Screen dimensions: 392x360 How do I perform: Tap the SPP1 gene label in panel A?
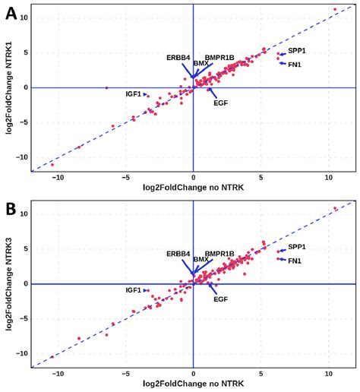click(x=297, y=51)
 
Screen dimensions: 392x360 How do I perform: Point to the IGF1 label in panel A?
click(x=134, y=94)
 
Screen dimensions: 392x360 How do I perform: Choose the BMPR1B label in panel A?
click(x=219, y=58)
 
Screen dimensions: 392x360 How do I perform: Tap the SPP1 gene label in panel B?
click(x=297, y=248)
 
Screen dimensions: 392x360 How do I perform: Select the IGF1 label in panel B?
click(x=134, y=290)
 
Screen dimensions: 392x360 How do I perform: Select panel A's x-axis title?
click(x=193, y=188)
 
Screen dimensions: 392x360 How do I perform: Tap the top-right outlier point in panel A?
click(x=335, y=10)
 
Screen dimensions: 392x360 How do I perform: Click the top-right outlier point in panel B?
click(x=335, y=208)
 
